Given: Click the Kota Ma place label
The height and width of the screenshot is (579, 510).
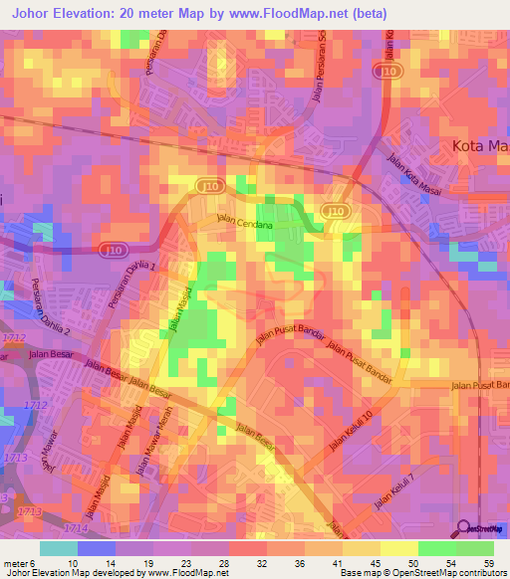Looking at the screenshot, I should pos(474,146).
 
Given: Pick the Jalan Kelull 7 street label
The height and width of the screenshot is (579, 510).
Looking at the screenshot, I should pos(393,494).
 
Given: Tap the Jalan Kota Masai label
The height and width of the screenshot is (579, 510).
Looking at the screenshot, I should pos(412,167).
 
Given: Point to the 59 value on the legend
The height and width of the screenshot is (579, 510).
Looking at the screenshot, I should pos(489,562).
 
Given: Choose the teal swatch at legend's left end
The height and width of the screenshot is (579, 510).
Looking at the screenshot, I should pos(58,548).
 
